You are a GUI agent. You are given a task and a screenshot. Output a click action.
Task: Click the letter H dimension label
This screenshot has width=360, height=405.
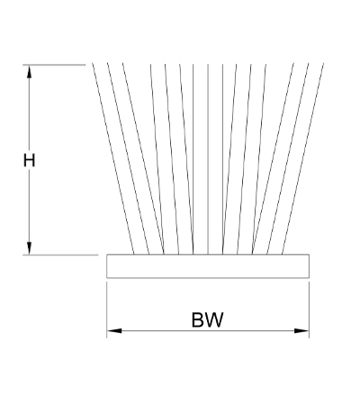[x=29, y=160]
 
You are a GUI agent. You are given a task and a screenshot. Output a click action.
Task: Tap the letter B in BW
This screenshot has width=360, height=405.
[x=198, y=319]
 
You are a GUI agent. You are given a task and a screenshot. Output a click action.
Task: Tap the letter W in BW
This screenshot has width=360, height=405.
[x=214, y=319]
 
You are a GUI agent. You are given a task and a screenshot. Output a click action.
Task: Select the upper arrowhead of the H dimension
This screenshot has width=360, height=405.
[x=29, y=72]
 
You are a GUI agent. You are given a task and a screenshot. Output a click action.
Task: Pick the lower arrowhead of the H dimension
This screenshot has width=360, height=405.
[x=29, y=248]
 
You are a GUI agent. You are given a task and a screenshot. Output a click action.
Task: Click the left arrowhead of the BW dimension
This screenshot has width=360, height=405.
[x=114, y=331]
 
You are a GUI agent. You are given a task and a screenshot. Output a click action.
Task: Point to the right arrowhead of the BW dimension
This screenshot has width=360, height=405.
[x=301, y=331]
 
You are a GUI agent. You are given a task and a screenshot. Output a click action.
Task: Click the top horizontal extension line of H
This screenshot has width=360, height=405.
[x=54, y=65]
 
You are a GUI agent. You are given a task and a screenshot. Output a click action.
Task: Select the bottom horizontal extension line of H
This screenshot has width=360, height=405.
[x=60, y=255]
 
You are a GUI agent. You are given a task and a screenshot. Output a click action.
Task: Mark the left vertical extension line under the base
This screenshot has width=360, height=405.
[x=107, y=310]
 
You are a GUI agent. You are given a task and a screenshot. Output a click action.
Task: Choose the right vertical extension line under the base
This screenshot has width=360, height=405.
[x=309, y=310]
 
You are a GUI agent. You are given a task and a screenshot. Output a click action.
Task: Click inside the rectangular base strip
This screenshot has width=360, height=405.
[x=208, y=266]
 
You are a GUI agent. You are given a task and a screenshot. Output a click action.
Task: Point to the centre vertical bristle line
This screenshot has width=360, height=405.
[x=208, y=159]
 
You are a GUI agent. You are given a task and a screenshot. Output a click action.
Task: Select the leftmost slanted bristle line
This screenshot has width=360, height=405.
[x=112, y=158]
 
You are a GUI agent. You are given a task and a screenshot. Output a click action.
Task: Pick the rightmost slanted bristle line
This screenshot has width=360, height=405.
[x=303, y=158]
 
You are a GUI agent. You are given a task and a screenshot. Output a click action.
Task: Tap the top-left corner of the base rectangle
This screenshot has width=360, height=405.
[x=107, y=255]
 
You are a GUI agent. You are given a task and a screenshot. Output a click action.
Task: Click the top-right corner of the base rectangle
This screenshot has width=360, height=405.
[x=309, y=255]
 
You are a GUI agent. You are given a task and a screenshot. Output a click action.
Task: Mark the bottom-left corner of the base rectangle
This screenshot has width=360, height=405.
[x=107, y=278]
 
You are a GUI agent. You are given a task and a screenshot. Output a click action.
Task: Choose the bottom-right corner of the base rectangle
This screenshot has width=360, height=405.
[x=309, y=278]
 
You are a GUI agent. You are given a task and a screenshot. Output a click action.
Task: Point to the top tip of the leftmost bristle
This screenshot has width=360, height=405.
[x=92, y=63]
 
